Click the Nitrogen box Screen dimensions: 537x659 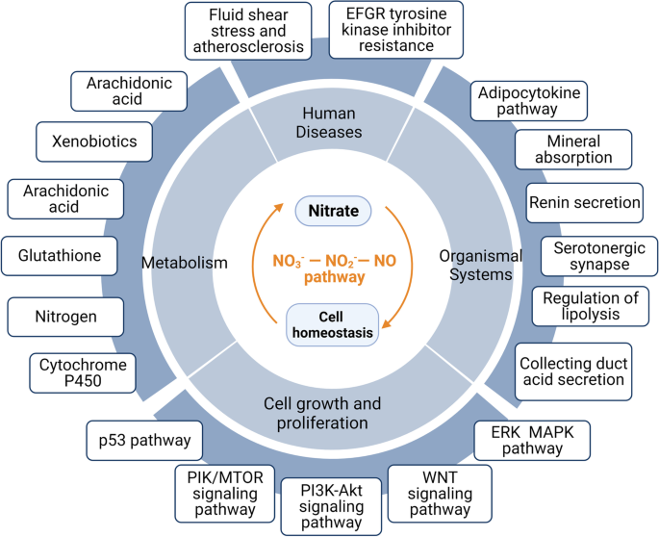pos(66,314)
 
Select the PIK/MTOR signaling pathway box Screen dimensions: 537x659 pos(225,492)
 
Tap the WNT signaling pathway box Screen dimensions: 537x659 pos(439,492)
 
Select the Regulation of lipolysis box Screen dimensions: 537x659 pos(591,306)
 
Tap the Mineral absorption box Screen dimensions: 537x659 pos(574,149)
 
